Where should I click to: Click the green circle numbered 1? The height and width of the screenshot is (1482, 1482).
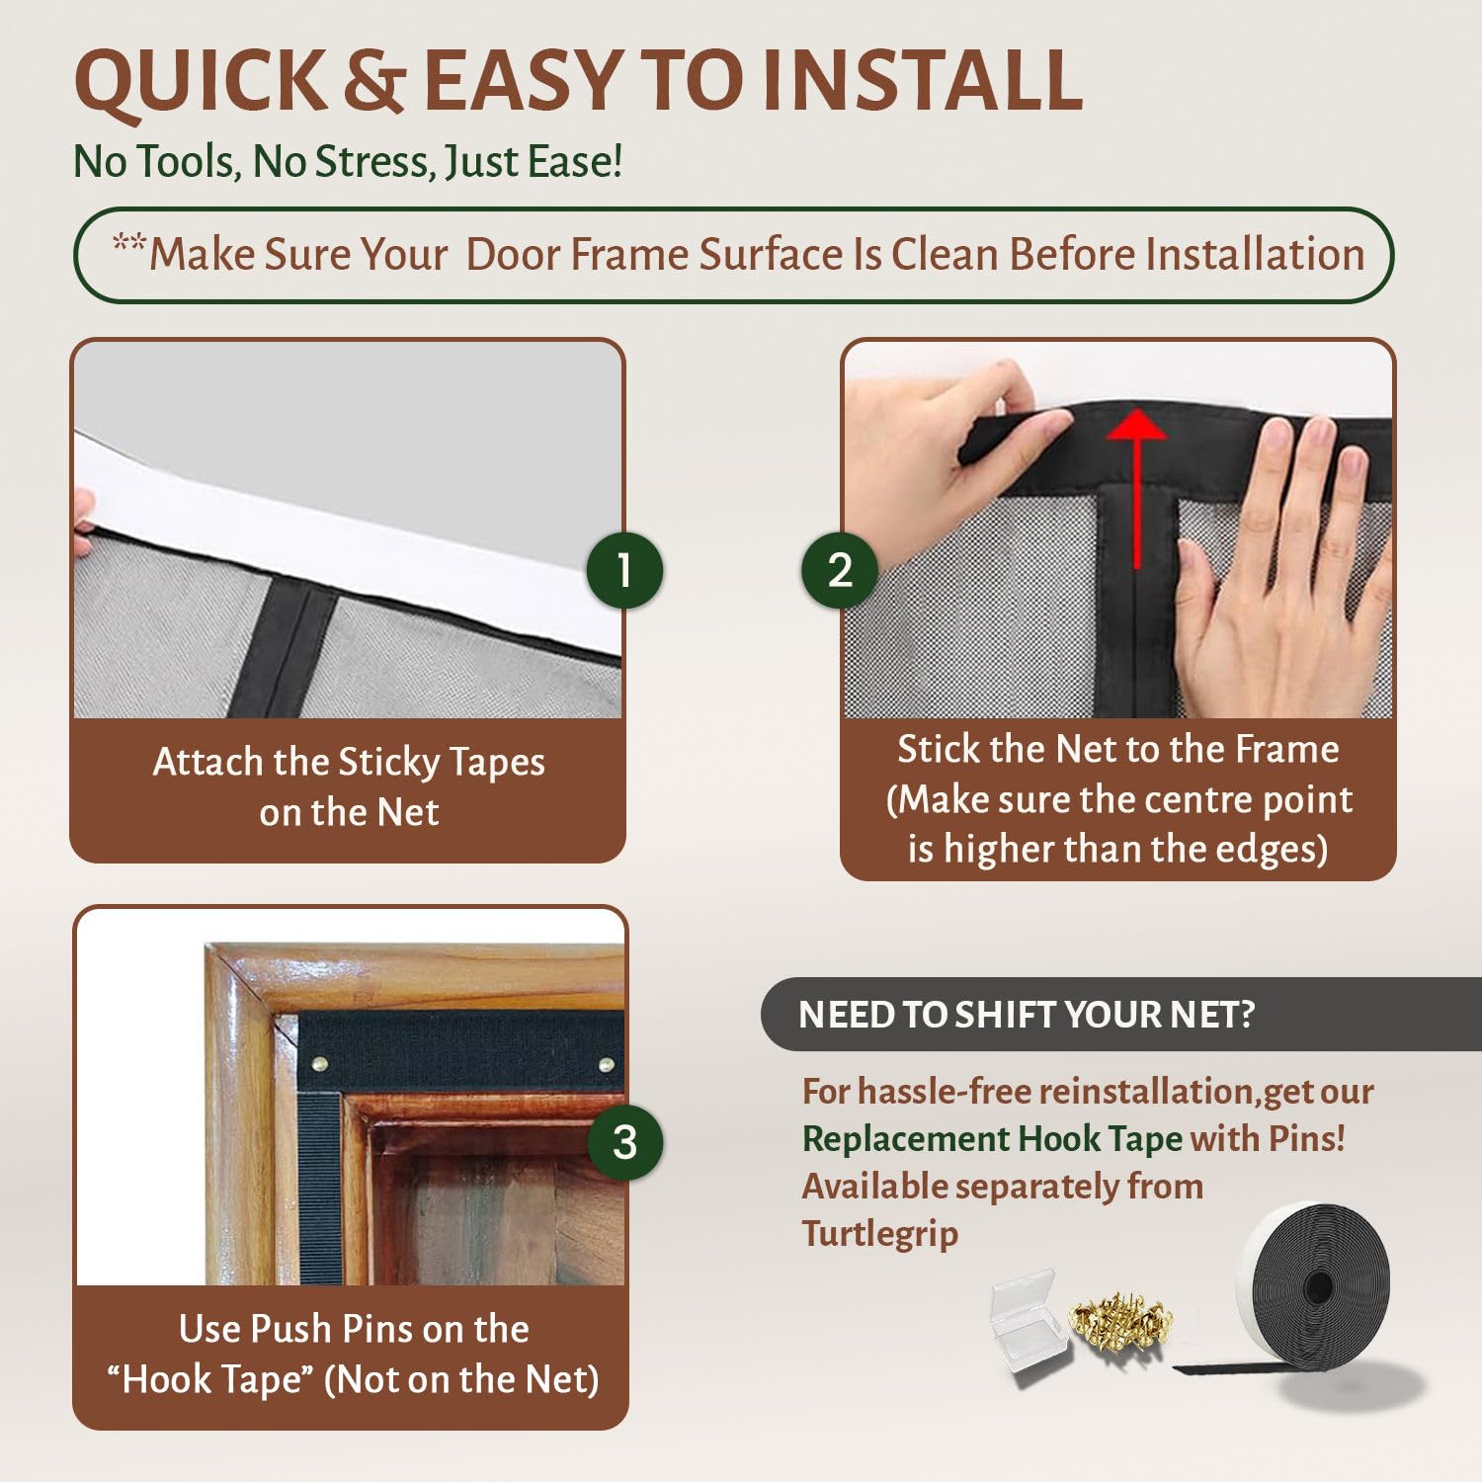(623, 570)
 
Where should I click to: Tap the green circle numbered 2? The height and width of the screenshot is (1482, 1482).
(839, 570)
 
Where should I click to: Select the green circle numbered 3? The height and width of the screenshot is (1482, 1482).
(624, 1142)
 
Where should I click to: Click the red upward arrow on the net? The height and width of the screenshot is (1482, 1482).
(1137, 484)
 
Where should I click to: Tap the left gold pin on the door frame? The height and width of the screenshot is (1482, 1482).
(319, 1065)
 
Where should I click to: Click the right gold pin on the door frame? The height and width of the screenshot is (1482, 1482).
(606, 1065)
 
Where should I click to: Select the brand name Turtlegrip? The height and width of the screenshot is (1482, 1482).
(879, 1234)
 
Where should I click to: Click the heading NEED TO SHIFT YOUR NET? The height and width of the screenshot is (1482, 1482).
(1026, 1015)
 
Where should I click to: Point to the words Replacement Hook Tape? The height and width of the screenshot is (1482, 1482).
(991, 1139)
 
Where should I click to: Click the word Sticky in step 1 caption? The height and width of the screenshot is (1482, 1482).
(389, 763)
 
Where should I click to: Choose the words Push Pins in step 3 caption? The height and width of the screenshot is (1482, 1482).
(332, 1329)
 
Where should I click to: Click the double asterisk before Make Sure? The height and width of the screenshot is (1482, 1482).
(128, 243)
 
